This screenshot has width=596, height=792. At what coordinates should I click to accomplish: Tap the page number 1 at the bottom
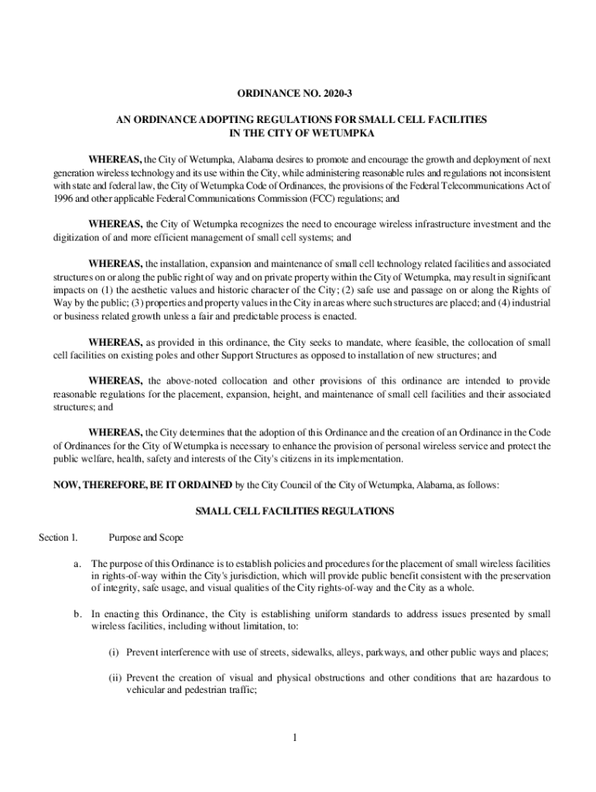pos(295,736)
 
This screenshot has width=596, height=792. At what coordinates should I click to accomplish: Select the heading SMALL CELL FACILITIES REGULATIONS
pos(295,511)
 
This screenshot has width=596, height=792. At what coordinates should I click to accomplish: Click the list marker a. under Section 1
pos(78,563)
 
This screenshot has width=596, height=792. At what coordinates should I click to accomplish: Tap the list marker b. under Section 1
pos(78,614)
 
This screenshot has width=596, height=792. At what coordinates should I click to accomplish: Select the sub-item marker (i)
pos(115,652)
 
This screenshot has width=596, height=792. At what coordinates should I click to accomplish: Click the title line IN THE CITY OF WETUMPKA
pos(297,134)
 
